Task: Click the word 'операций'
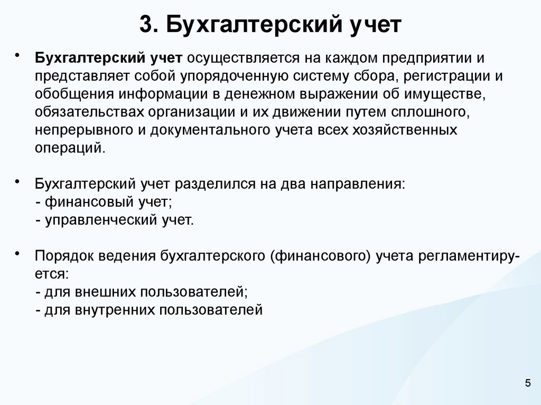(x=70, y=148)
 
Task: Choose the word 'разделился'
(x=213, y=185)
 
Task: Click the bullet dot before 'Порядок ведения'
(x=17, y=254)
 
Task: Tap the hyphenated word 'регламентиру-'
(x=469, y=257)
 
